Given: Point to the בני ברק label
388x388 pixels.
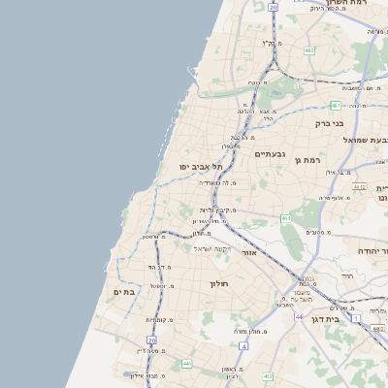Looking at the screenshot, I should [330, 123].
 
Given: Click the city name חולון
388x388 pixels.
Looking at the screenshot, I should [217, 283].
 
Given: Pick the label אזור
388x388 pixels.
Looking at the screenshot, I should [275, 252].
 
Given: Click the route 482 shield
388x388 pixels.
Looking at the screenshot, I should [308, 49].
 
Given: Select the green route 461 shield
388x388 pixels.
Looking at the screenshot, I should [286, 219].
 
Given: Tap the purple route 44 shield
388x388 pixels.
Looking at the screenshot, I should [300, 317].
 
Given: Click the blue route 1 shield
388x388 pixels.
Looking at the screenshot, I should [356, 318].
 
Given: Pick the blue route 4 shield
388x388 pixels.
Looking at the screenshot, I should [335, 105].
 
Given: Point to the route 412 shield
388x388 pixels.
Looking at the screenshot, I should [268, 375].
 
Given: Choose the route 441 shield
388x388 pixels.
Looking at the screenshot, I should [186, 363].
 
